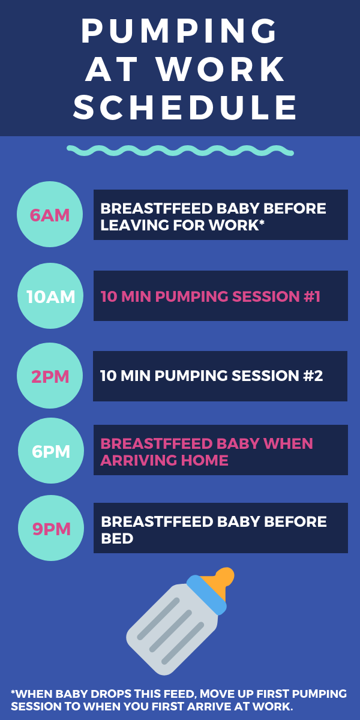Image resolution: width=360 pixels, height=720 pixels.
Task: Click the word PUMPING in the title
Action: (x=179, y=31)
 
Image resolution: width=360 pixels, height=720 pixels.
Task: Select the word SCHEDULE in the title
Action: (x=185, y=107)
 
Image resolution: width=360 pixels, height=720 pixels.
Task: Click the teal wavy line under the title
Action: (x=180, y=151)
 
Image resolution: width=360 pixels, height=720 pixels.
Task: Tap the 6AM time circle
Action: (x=50, y=214)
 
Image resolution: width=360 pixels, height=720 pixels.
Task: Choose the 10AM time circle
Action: (x=50, y=296)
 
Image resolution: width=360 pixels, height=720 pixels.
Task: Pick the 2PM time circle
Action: (x=50, y=376)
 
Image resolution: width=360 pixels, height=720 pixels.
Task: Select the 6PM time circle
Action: (x=51, y=451)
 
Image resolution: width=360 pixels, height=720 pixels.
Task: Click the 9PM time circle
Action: (x=51, y=528)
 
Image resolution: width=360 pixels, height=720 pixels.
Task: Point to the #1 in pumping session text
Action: (x=312, y=296)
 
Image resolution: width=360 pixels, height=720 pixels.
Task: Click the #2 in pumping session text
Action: (x=313, y=376)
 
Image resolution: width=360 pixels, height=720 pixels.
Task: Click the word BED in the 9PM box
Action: (x=117, y=538)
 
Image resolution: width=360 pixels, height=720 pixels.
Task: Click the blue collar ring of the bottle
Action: (x=206, y=595)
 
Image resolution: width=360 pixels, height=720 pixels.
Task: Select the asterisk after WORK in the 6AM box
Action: (x=262, y=223)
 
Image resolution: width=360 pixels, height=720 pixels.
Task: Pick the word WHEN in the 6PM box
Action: (x=288, y=443)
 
